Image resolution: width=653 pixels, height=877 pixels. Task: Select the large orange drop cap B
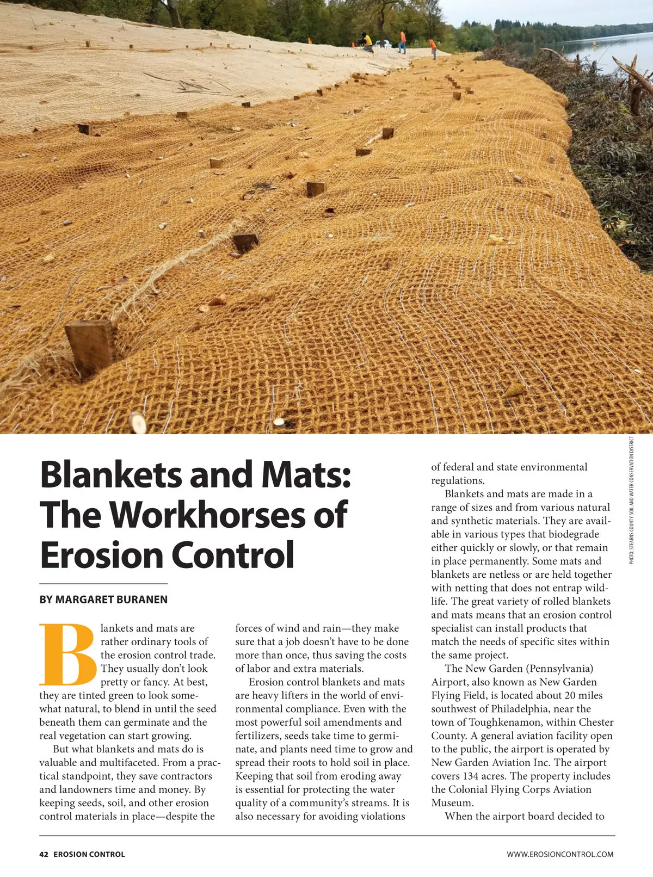pyautogui.click(x=68, y=655)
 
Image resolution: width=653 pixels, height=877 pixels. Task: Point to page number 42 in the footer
pyautogui.click(x=44, y=854)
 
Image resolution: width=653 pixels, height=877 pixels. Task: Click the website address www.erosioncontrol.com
pyautogui.click(x=560, y=854)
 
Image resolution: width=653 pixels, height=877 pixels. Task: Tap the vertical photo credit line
pyautogui.click(x=632, y=501)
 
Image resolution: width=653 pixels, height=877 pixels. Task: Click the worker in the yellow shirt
pyautogui.click(x=368, y=41)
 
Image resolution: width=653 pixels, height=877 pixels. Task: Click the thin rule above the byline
pyautogui.click(x=103, y=584)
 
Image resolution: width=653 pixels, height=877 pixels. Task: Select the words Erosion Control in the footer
pyautogui.click(x=89, y=854)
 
